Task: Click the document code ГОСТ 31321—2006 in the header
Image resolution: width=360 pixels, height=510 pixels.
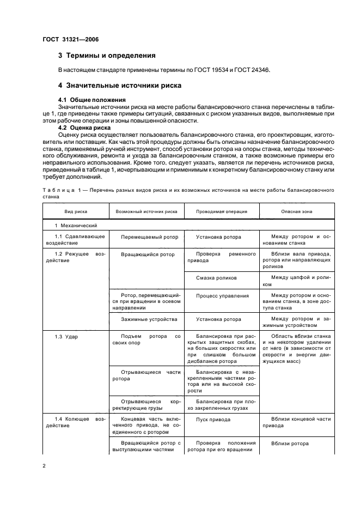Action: click(68, 40)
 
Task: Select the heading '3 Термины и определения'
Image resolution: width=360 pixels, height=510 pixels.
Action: click(107, 56)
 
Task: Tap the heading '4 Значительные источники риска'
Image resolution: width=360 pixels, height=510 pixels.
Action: click(120, 86)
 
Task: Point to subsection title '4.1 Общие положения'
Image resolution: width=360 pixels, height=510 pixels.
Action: click(91, 100)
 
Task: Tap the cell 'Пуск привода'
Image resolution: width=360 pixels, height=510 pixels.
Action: click(213, 420)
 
